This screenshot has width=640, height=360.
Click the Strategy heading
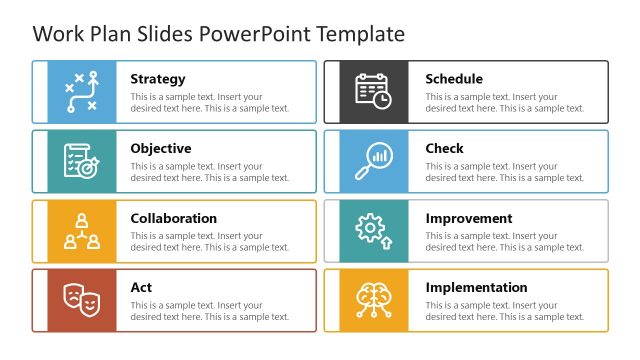click(x=157, y=79)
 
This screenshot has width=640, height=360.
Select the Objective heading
click(x=160, y=149)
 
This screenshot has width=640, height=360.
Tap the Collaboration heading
click(x=173, y=218)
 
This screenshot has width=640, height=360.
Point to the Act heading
click(x=141, y=288)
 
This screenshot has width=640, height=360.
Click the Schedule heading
click(x=454, y=79)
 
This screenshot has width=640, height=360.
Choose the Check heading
click(x=444, y=149)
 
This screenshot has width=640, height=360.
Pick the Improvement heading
click(x=469, y=218)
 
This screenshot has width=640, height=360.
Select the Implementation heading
click(x=476, y=288)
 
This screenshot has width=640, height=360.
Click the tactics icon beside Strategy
click(x=81, y=92)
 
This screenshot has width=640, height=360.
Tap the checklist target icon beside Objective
click(x=81, y=161)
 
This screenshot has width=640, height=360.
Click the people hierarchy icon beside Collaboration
click(x=81, y=231)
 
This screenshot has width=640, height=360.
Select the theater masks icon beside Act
click(x=81, y=300)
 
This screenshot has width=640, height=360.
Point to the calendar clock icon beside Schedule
click(x=374, y=92)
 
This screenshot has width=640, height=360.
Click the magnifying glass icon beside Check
click(x=374, y=161)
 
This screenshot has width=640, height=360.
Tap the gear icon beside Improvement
click(x=374, y=231)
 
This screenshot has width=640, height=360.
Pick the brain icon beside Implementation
click(x=374, y=300)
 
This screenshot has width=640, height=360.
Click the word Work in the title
click(x=56, y=34)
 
